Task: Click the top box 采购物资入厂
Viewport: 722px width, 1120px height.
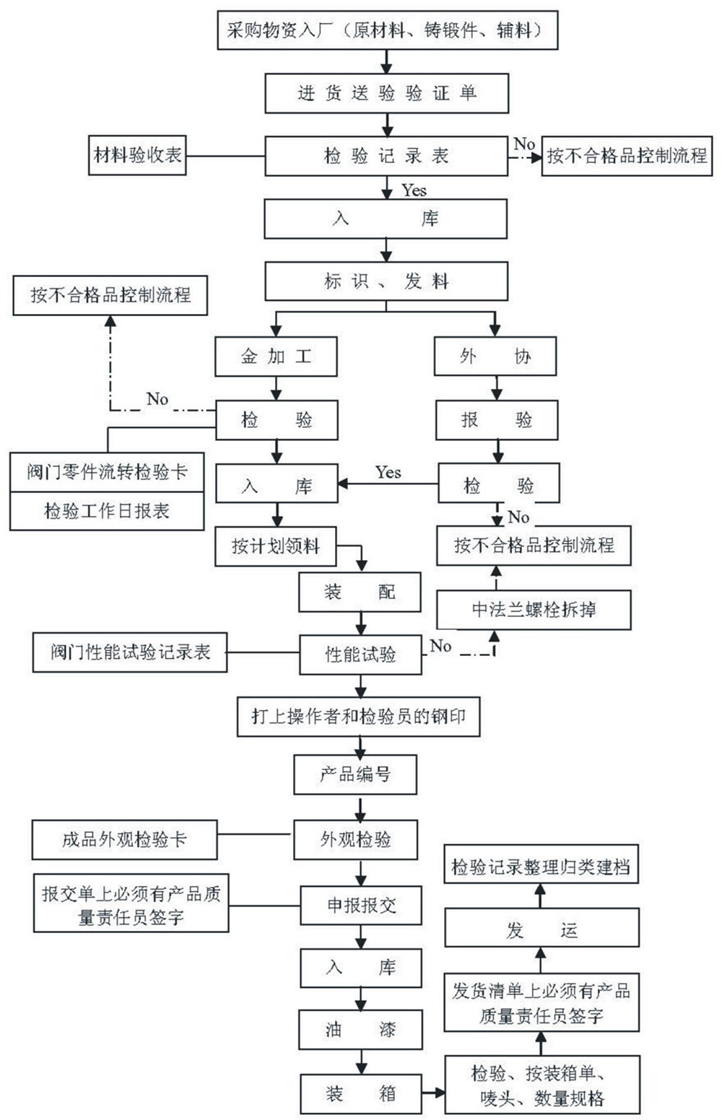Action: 387,31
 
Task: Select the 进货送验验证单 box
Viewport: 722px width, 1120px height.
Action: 387,93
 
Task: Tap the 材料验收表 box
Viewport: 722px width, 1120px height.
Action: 137,155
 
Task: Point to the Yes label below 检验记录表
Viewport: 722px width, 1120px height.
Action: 414,191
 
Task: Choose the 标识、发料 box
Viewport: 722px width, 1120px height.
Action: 386,281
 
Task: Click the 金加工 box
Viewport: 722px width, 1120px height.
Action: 276,356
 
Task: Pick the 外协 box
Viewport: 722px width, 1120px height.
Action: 495,356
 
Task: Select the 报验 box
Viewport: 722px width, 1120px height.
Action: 497,419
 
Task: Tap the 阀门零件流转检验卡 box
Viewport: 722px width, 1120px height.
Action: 107,472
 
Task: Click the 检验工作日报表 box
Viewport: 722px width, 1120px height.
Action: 107,511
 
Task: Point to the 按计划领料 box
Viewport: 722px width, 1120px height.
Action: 276,546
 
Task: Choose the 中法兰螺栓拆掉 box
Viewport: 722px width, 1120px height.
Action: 534,610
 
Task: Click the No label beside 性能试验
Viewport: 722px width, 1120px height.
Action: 440,646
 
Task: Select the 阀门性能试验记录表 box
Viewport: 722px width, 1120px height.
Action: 130,652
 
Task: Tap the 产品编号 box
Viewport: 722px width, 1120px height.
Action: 355,775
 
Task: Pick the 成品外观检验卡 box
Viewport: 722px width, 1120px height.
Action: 124,839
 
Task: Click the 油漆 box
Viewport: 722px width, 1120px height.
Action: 361,1029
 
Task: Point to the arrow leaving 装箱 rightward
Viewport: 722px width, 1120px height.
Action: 433,1093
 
